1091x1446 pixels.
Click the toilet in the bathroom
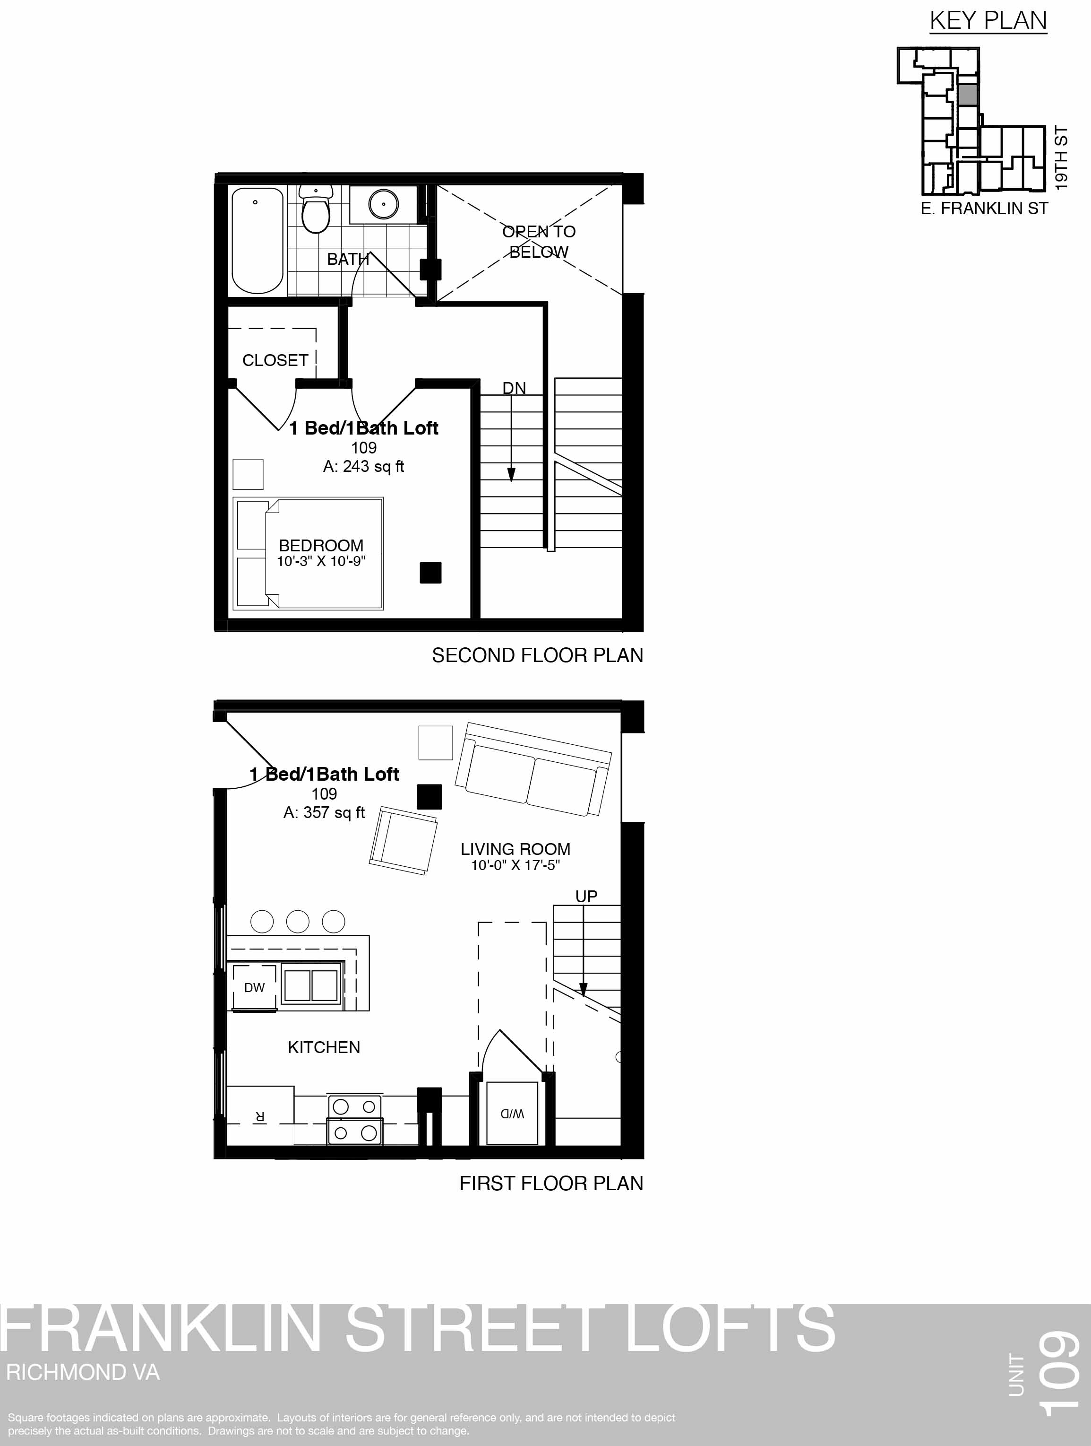pyautogui.click(x=316, y=209)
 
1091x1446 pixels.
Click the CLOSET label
pyautogui.click(x=275, y=360)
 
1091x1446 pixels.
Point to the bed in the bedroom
pyautogui.click(x=309, y=554)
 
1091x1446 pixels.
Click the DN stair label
pyautogui.click(x=514, y=388)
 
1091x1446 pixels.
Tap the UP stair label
pyautogui.click(x=586, y=896)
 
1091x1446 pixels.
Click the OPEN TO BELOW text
pyautogui.click(x=539, y=241)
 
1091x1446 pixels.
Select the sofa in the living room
pyautogui.click(x=533, y=769)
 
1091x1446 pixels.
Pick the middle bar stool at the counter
pyautogui.click(x=298, y=921)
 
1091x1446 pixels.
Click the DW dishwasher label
pyautogui.click(x=254, y=988)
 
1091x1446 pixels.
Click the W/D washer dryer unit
pyautogui.click(x=512, y=1113)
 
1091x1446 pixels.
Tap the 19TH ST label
pyautogui.click(x=1062, y=159)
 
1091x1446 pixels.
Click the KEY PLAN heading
pyautogui.click(x=988, y=21)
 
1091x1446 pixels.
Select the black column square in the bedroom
pyautogui.click(x=430, y=573)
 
